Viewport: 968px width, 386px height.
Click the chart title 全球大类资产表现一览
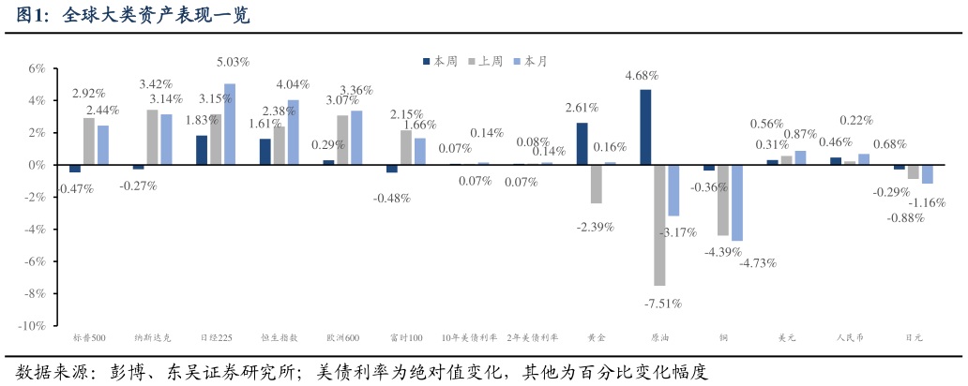click(x=155, y=16)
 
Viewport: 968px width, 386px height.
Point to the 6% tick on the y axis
click(x=37, y=68)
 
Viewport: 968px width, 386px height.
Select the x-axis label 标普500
click(x=89, y=338)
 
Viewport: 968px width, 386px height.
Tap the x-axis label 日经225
click(x=216, y=338)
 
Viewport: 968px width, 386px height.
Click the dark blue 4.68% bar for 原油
click(x=645, y=126)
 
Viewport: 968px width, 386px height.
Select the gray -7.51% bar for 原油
click(x=659, y=225)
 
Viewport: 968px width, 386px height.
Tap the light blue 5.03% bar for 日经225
click(x=230, y=124)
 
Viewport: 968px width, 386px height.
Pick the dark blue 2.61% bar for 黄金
click(x=582, y=143)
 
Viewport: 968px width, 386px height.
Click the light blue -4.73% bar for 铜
click(x=736, y=202)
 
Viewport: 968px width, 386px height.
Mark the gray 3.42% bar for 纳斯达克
click(x=152, y=137)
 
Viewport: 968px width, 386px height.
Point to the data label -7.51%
click(x=663, y=304)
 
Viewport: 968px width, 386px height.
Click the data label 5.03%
click(x=233, y=62)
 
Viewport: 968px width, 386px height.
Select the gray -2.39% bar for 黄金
click(x=596, y=184)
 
